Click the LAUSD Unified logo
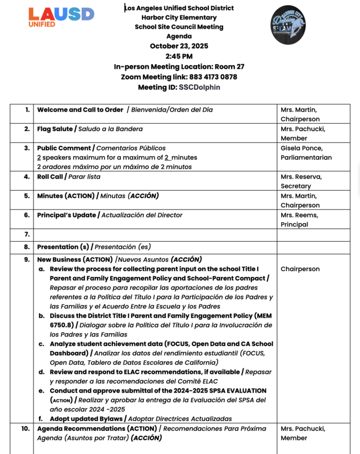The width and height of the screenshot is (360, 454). point(61,17)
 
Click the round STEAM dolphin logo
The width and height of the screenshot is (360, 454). point(288,25)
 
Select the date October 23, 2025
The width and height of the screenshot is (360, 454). point(179,46)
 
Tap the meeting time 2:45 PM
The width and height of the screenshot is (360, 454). point(179,56)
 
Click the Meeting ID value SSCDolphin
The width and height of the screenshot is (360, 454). point(199,87)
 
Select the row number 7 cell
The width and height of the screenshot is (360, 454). point(27,234)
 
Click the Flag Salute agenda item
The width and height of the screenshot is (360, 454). point(55,129)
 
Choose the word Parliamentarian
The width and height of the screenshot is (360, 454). point(306,157)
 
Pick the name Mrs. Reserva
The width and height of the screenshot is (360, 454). point(301,176)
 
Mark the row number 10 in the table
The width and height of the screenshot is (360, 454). point(26,428)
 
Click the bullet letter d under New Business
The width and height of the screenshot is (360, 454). point(41,372)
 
